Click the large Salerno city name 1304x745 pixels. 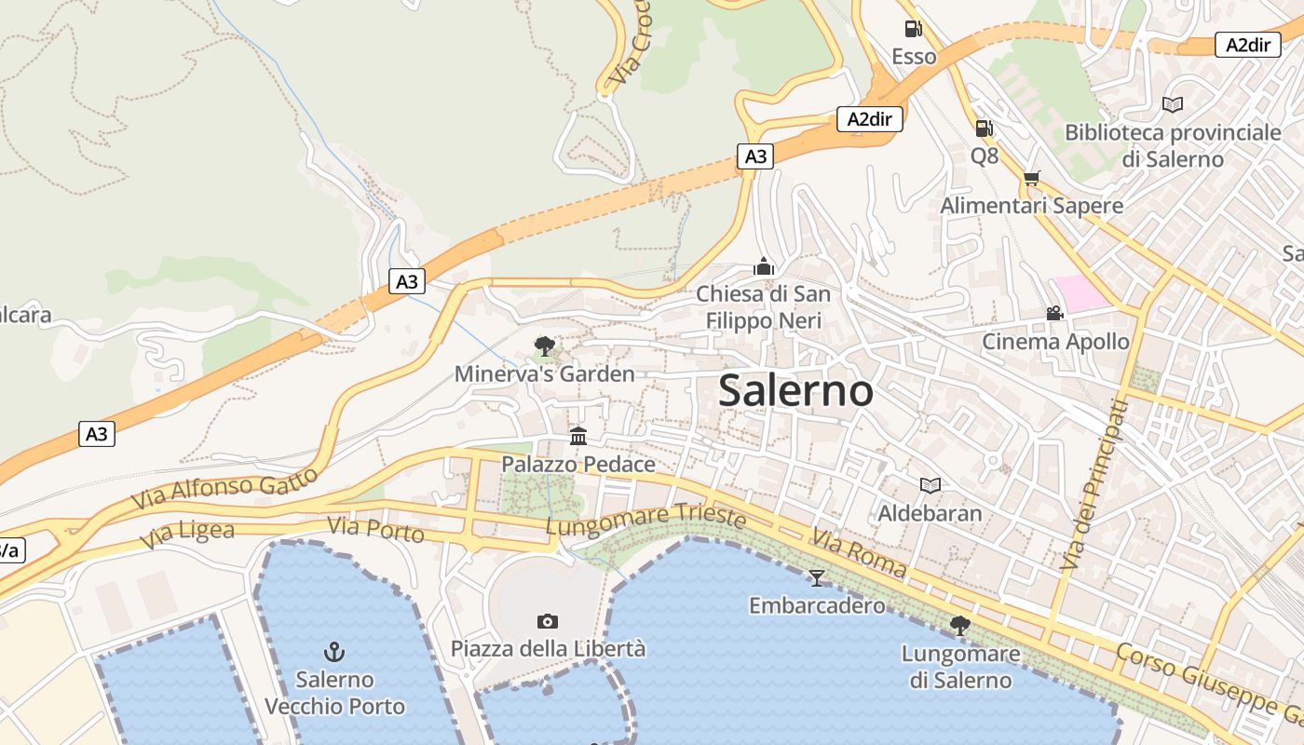coord(795,391)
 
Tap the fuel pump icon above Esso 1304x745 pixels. coord(914,29)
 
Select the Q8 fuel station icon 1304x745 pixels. coord(984,129)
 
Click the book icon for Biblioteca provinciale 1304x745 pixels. coord(1173,105)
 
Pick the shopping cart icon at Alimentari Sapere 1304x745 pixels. coord(1031,178)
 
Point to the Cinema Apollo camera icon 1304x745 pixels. coord(1054,314)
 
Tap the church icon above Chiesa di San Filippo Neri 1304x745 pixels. coord(764,266)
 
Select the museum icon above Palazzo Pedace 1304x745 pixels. coord(578,436)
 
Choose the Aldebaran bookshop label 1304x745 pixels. coord(930,513)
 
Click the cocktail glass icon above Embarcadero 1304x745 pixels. coord(817,578)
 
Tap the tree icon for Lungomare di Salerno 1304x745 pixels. coord(960,625)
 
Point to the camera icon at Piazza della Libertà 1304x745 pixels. coord(548,621)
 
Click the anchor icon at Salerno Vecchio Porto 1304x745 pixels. coord(334,651)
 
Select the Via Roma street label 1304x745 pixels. coord(858,552)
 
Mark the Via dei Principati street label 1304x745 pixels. coord(1093,484)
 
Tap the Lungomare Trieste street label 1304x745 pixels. coord(645,520)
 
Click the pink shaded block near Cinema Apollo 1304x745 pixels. coord(1081,293)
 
